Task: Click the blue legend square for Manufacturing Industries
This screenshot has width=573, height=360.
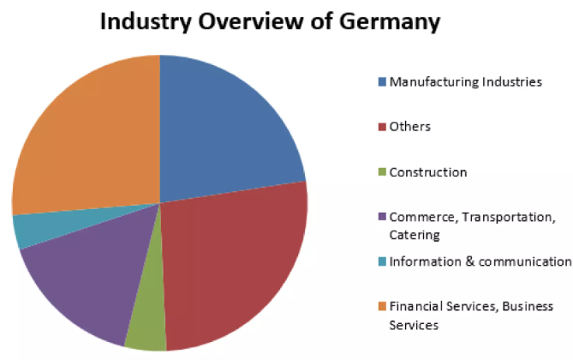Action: point(382,82)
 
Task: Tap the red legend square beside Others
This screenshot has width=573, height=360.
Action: point(382,127)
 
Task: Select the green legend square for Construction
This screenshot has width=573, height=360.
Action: point(382,172)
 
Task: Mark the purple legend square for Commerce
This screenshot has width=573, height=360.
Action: point(382,217)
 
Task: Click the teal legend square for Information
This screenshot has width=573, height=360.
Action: point(382,261)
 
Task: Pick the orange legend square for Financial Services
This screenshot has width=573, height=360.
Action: point(382,306)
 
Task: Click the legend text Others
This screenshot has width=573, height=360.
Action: point(409,127)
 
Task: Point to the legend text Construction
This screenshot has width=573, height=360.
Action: point(427,172)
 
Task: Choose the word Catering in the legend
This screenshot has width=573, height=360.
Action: point(414,234)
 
